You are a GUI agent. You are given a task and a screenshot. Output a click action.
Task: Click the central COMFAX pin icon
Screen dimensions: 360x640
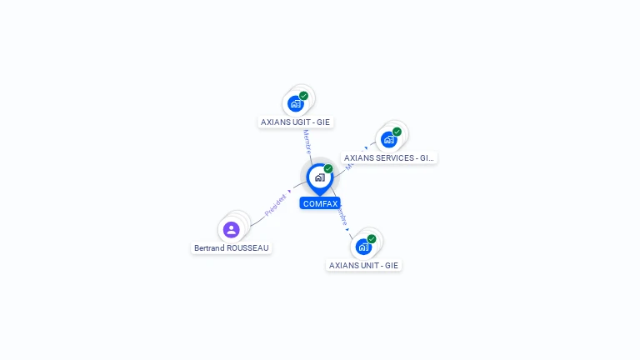[319, 177]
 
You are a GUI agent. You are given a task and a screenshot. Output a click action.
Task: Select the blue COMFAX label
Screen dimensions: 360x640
[320, 203]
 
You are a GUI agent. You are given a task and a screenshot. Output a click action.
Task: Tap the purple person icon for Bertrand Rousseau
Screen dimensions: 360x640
[232, 229]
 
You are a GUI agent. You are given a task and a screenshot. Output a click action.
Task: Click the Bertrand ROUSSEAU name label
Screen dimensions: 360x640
[232, 247]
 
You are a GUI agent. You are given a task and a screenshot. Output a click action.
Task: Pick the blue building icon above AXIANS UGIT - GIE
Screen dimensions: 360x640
[295, 104]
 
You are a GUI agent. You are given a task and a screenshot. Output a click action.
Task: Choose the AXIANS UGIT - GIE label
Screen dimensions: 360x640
[295, 122]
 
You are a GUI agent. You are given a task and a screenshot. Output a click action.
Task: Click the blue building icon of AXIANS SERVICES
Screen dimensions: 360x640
[388, 139]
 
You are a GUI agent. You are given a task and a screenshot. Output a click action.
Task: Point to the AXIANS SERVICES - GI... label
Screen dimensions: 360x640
[389, 157]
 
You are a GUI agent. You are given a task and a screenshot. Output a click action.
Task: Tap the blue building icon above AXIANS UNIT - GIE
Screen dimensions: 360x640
[363, 247]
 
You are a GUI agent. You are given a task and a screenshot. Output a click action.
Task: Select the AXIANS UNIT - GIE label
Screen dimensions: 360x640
[363, 265]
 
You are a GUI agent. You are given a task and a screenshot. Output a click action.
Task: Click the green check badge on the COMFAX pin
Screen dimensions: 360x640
[328, 169]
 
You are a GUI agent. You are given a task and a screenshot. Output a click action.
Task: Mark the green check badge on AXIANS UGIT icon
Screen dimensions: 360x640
[303, 96]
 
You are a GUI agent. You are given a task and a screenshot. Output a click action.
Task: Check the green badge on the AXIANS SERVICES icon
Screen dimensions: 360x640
[397, 132]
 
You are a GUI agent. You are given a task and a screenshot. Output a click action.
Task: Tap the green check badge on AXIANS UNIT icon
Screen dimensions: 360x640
[372, 239]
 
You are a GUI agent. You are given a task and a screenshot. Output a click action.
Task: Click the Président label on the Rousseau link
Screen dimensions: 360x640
[276, 206]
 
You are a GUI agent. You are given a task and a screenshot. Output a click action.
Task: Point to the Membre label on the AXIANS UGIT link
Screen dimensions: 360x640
[307, 141]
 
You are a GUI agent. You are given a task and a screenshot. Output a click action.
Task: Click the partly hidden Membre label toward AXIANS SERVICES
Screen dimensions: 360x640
[350, 164]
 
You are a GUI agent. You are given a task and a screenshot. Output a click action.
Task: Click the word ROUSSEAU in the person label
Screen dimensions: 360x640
[252, 247]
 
